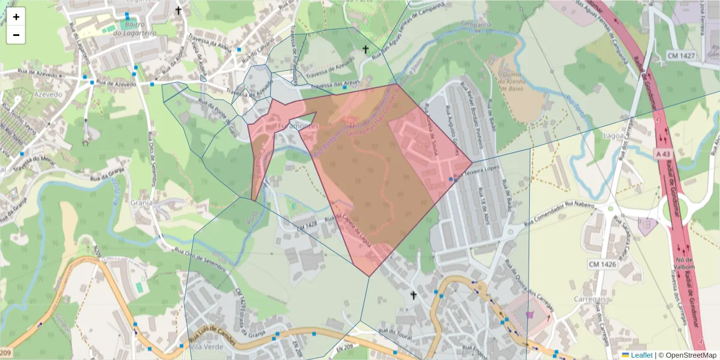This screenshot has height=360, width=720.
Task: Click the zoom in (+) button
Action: [x=16, y=17]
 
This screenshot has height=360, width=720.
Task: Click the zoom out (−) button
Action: [x=16, y=35]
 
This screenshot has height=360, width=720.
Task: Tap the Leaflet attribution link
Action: [x=638, y=355]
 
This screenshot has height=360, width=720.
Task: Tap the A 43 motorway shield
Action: [x=662, y=154]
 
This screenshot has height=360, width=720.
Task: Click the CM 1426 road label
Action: [x=602, y=264]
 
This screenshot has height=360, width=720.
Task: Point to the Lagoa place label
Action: [x=613, y=136]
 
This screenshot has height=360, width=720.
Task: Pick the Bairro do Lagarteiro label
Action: [x=137, y=29]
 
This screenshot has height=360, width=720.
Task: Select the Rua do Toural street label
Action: [x=395, y=334]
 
